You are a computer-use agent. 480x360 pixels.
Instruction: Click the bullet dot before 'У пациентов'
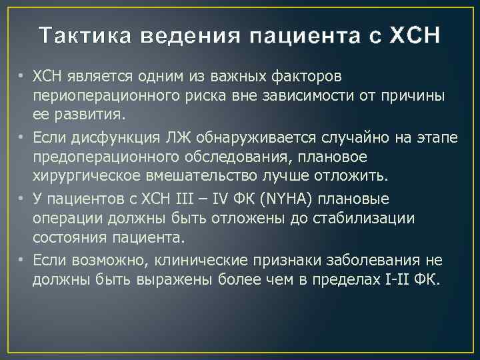[x=21, y=199]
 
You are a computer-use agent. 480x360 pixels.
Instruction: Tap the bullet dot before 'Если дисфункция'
[x=21, y=137]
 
